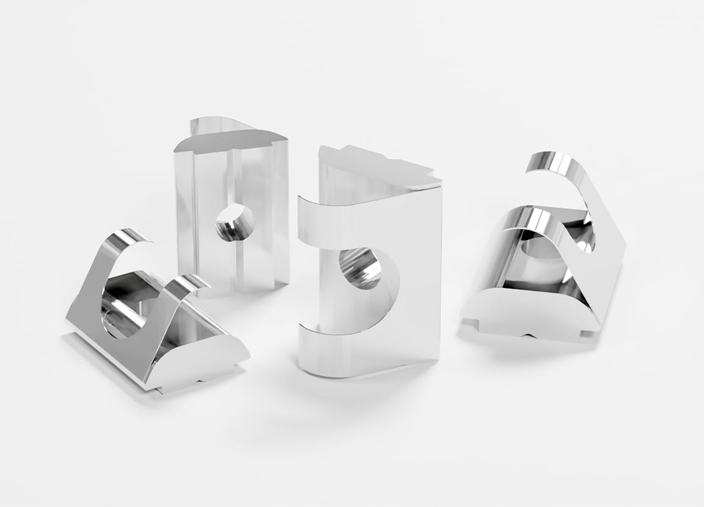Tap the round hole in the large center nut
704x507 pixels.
point(361,268)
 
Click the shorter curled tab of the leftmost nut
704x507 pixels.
point(186,285)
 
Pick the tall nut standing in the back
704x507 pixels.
point(232,208)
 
